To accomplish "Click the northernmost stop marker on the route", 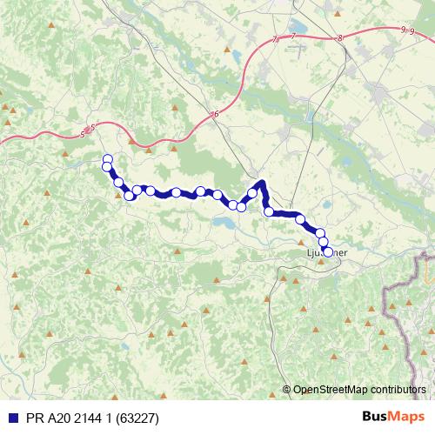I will [x=107, y=158].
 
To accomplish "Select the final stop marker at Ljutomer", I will [x=328, y=252].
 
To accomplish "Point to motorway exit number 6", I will [x=214, y=115].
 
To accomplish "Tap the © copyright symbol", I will [x=288, y=390].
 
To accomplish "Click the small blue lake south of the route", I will [x=223, y=225].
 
